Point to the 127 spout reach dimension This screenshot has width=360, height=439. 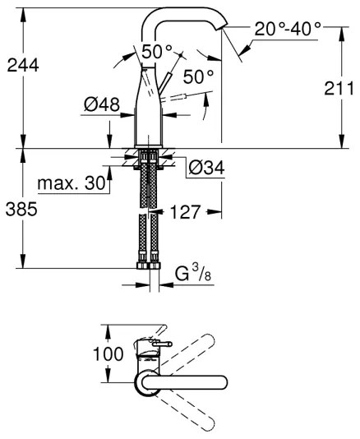(x=187, y=211)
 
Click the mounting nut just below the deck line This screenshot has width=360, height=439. (x=149, y=156)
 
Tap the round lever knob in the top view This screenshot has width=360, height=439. (x=168, y=345)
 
